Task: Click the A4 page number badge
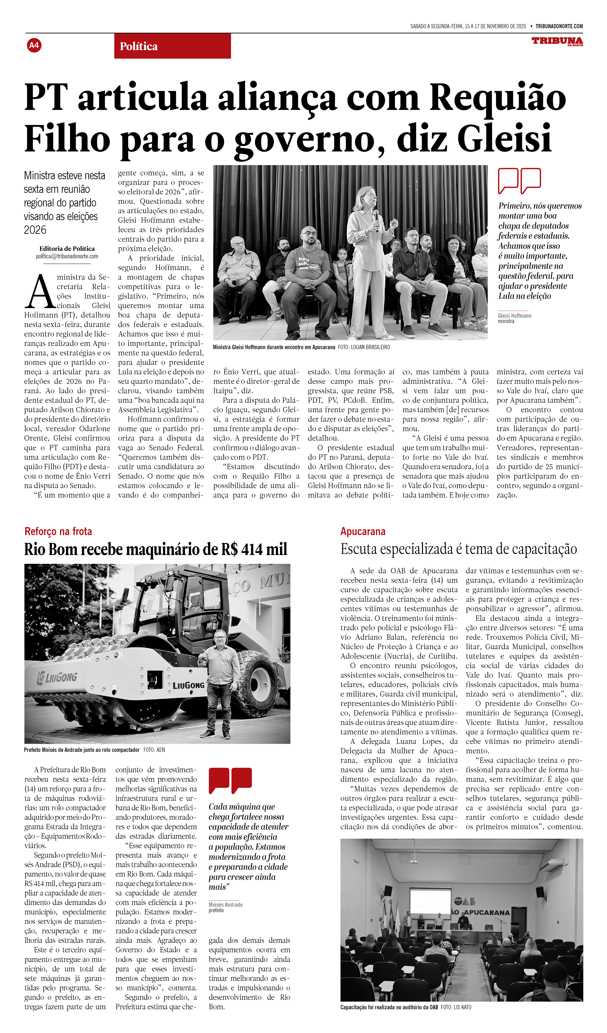[34, 45]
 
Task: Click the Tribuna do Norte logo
[557, 41]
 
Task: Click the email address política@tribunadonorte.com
[67, 257]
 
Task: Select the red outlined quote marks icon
[519, 180]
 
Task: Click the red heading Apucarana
[363, 532]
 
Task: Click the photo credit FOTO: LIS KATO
[456, 1007]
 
